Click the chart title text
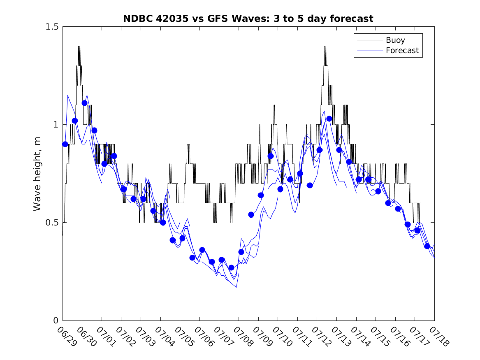248,19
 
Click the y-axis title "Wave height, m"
37,174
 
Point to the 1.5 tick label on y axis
52,27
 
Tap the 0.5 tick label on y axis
52,223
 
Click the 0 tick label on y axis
56,321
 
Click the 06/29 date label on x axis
67,337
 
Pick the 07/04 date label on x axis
165,337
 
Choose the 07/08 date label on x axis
243,337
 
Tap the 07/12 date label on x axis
321,337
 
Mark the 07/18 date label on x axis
439,337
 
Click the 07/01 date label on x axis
106,337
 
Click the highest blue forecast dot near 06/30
84,103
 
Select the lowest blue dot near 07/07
232,268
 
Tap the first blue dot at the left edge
65,144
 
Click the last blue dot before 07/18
427,246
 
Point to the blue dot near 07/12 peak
329,119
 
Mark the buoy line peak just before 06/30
79,46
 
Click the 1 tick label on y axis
56,125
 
